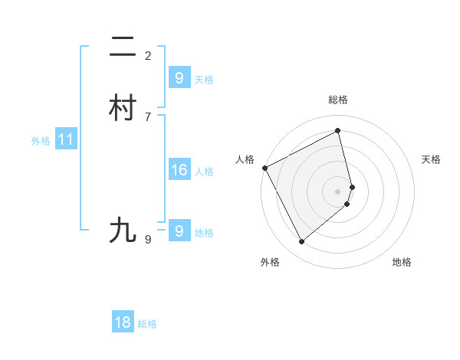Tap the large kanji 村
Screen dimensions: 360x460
click(x=123, y=109)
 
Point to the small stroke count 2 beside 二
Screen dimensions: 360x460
click(x=148, y=55)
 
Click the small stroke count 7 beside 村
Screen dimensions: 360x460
click(x=148, y=116)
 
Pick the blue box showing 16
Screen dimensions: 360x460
click(x=179, y=170)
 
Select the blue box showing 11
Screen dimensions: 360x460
click(x=66, y=139)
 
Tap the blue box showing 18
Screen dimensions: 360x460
click(x=123, y=322)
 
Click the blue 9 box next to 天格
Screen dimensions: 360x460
click(x=179, y=78)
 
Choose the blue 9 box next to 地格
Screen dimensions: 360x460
click(x=179, y=231)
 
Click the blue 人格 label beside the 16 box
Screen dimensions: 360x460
click(x=205, y=172)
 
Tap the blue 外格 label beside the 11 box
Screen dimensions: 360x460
click(x=41, y=141)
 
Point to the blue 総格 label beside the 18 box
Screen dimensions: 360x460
click(x=147, y=324)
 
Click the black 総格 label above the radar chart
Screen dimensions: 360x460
click(x=338, y=100)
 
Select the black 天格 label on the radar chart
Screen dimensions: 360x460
click(x=431, y=159)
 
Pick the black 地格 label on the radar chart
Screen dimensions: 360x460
click(x=402, y=262)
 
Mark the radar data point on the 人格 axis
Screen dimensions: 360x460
click(x=264, y=168)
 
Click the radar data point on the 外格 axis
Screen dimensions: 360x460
click(x=301, y=242)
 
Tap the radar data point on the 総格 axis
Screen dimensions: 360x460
click(x=338, y=131)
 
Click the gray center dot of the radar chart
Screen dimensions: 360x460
click(x=338, y=191)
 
